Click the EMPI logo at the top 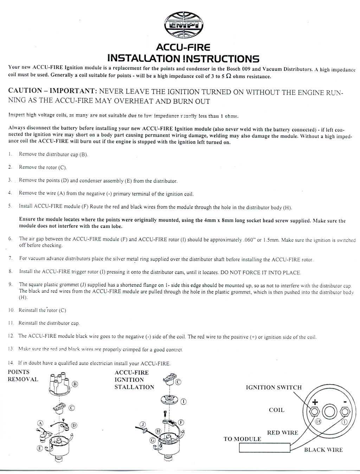[x=184, y=25]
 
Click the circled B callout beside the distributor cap [x=75, y=384]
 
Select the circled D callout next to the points [x=74, y=425]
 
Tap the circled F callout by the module [x=181, y=422]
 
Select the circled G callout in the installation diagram [x=153, y=440]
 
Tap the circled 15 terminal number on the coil [x=318, y=422]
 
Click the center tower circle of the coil [x=330, y=411]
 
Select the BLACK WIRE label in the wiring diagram [x=323, y=449]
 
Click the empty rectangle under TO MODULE [x=264, y=447]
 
